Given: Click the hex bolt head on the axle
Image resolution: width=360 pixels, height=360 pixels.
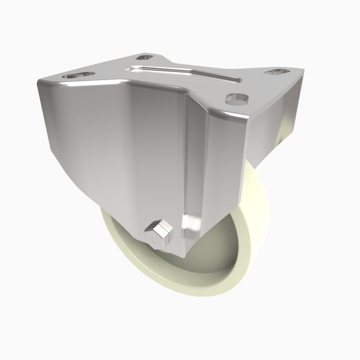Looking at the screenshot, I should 159,234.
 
